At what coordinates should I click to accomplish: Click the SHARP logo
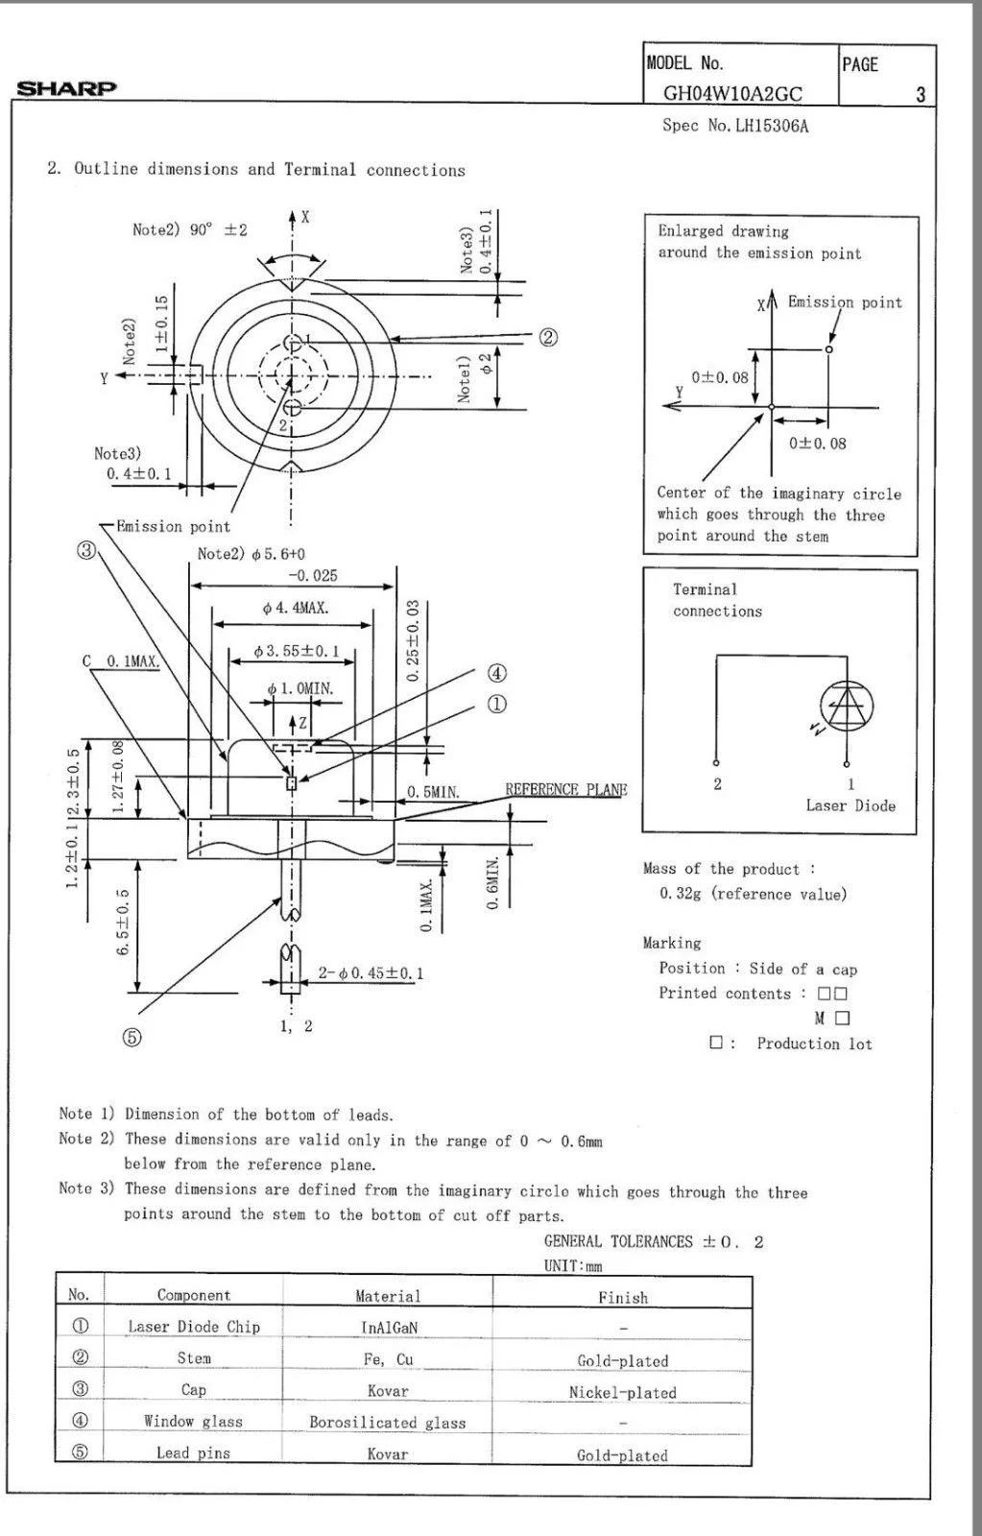66,88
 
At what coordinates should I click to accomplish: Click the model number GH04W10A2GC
732,93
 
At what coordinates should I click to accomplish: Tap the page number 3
921,94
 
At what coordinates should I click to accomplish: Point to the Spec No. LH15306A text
735,126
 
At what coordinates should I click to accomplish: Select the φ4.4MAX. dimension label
295,608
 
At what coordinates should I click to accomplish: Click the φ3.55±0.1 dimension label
297,651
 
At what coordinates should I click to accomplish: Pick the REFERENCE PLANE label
565,790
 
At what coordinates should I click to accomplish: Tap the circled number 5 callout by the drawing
132,1037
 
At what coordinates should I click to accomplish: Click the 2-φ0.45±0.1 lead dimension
371,972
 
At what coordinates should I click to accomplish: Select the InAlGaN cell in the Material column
388,1328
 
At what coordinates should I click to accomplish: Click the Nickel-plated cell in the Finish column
622,1392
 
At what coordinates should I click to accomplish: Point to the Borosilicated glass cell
388,1423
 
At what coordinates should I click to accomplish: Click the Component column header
194,1295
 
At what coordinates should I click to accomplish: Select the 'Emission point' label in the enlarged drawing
845,302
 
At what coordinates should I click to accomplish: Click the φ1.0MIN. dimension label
300,689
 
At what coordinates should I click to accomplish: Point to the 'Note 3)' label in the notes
86,1188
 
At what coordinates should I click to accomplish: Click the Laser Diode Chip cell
194,1327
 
